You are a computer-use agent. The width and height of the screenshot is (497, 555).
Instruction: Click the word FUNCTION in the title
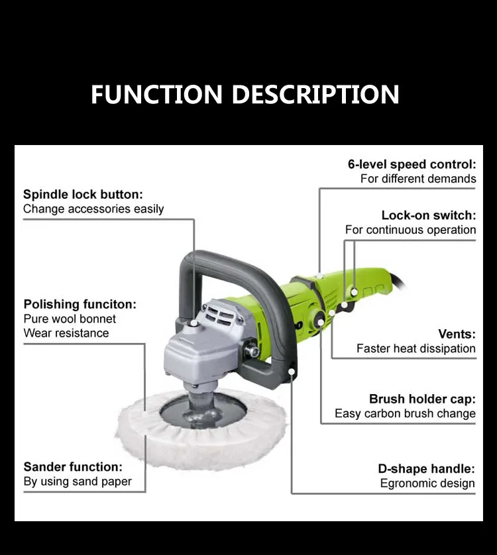(156, 94)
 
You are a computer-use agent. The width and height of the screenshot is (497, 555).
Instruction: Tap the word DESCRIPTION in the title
(315, 94)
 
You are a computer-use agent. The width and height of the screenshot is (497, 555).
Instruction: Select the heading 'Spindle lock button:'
(83, 194)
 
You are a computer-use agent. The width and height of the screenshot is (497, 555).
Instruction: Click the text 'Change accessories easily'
(93, 209)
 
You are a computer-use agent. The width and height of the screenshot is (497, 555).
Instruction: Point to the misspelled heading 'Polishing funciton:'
(80, 305)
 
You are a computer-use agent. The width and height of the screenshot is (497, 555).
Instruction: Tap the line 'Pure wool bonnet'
(70, 319)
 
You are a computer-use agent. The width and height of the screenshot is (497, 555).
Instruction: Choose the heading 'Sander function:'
(73, 467)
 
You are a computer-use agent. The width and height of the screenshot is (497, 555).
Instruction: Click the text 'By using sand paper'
(78, 481)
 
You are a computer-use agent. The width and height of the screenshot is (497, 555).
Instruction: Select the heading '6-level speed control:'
(412, 164)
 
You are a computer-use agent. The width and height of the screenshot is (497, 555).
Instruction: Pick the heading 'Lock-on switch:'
(429, 215)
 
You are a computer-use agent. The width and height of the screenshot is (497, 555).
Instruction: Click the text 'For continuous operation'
(411, 230)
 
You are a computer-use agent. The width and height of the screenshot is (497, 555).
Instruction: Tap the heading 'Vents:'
(457, 334)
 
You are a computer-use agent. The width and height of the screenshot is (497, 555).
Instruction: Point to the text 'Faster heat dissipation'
(416, 348)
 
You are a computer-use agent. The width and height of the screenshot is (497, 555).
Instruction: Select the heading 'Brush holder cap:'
(422, 399)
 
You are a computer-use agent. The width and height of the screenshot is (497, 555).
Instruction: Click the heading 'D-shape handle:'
(427, 469)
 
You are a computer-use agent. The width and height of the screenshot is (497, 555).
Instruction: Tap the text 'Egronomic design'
(427, 483)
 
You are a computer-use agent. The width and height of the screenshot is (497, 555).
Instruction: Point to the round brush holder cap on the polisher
(319, 322)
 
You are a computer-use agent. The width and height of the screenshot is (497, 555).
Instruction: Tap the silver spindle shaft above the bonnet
(197, 400)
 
